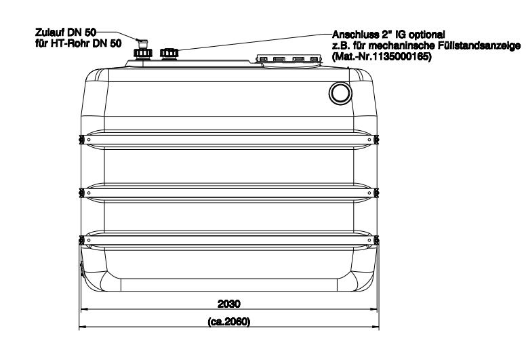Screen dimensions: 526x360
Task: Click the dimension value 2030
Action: coord(229,304)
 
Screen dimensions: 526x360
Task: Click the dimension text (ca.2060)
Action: coord(229,322)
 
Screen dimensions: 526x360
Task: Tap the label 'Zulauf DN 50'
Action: coord(66,33)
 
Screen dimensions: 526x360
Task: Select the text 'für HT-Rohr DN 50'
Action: coord(79,43)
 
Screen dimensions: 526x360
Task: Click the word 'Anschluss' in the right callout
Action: coord(355,34)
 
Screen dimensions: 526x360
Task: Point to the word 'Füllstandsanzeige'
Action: coord(479,45)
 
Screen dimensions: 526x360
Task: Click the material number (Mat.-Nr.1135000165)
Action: coord(382,56)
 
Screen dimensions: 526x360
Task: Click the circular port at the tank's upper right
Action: coord(340,94)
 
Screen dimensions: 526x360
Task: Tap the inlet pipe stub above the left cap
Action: coord(142,43)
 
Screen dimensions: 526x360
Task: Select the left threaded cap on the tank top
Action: coord(143,54)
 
